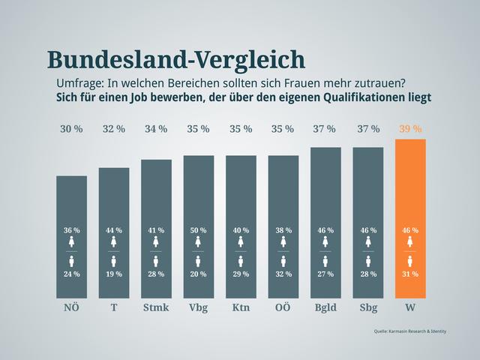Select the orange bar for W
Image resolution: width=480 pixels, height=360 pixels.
[410, 187]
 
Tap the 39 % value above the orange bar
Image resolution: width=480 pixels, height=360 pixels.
[410, 129]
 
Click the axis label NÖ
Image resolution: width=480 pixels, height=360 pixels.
[71, 308]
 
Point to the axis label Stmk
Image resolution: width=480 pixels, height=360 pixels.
[156, 308]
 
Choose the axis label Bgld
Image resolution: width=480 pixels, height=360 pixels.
[325, 308]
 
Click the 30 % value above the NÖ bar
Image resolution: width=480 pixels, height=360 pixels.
[71, 129]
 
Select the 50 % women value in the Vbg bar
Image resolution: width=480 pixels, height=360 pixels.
[199, 230]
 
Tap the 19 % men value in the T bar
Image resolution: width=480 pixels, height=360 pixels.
[114, 274]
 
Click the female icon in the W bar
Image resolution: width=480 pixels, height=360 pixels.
[410, 242]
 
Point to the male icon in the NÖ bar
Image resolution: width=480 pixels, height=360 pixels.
[72, 261]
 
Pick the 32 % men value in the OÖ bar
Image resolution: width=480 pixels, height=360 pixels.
[283, 274]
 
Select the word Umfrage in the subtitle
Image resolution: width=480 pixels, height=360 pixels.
[79, 82]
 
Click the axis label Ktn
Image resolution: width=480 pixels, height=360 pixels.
[241, 308]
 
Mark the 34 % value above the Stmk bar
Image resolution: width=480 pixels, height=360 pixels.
[156, 129]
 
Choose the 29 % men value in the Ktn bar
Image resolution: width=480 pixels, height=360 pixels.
[241, 274]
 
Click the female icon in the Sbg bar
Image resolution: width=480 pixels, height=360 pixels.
[368, 242]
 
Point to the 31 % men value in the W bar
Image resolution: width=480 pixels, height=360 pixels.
[410, 274]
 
